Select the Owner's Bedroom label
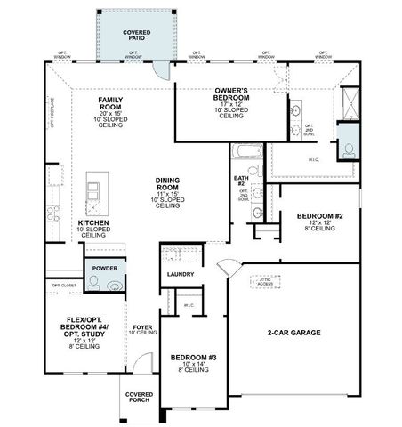pyautogui.click(x=231, y=92)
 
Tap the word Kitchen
pyautogui.click(x=93, y=223)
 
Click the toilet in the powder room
pyautogui.click(x=115, y=285)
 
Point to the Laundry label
pyautogui.click(x=180, y=275)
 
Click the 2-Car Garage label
pyautogui.click(x=293, y=333)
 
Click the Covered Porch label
pyautogui.click(x=138, y=396)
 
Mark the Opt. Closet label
pyautogui.click(x=62, y=286)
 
